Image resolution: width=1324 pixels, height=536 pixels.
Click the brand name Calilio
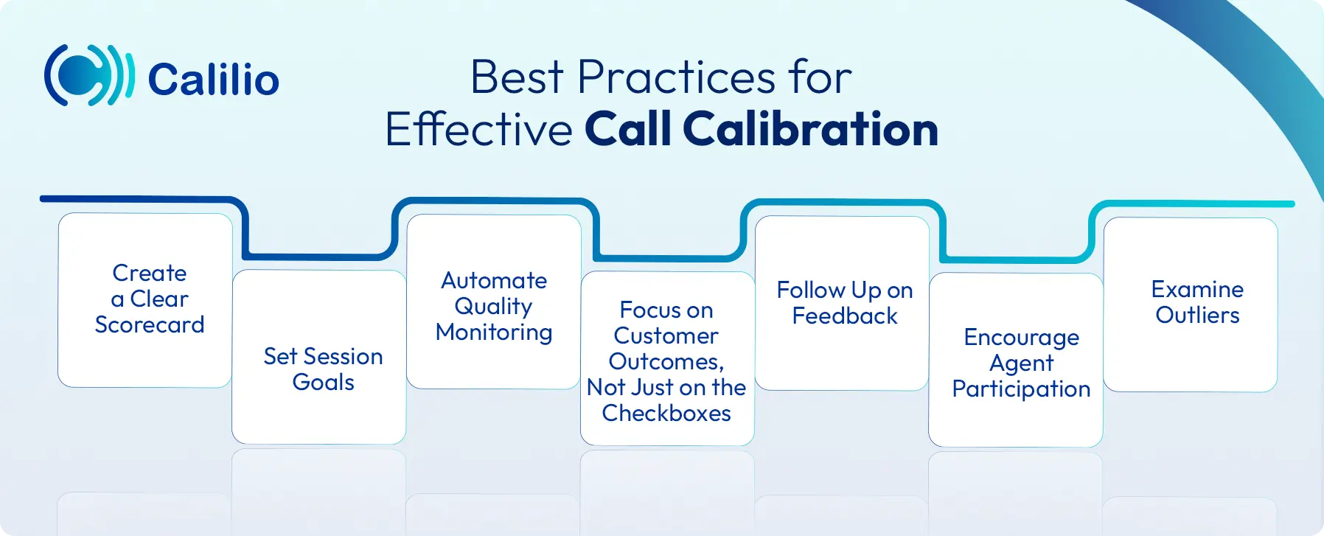point(213,80)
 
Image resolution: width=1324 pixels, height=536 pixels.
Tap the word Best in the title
point(517,77)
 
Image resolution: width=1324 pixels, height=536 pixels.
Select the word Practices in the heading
point(676,77)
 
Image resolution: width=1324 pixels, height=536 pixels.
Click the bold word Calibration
point(810,129)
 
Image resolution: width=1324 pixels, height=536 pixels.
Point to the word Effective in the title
point(478,130)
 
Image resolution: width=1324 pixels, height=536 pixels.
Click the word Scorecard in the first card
point(150,324)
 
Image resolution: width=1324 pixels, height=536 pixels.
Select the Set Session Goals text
point(323,369)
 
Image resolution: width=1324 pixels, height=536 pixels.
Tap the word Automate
point(494,280)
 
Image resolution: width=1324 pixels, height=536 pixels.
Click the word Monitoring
point(494,332)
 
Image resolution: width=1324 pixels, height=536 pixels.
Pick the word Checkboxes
point(666,413)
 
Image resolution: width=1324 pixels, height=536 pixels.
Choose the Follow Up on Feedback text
point(844,302)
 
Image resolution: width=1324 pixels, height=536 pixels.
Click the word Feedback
point(845,316)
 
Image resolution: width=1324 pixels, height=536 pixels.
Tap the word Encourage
point(1021,337)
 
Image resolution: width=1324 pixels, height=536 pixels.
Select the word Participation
point(1021,389)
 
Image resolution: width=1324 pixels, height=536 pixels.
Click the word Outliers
point(1197,315)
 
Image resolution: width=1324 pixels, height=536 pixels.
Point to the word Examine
point(1197,289)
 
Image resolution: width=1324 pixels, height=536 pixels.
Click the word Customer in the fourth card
point(666,335)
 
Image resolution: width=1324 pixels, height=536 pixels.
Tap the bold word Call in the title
point(628,129)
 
